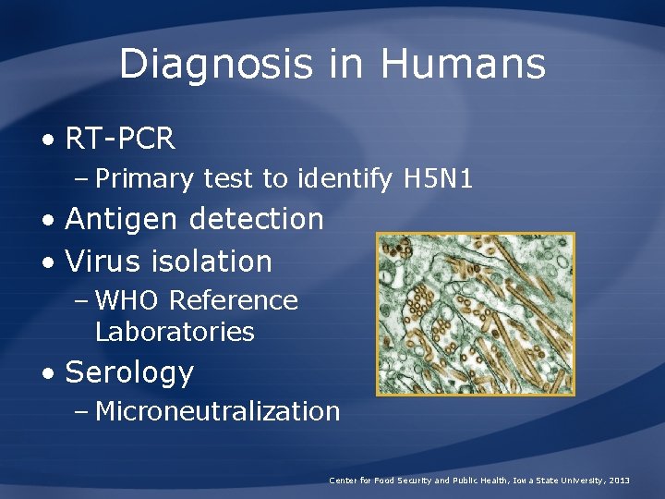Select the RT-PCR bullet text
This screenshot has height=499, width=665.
point(120,140)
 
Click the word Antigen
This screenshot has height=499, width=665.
point(125,220)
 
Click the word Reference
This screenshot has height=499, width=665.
point(234,300)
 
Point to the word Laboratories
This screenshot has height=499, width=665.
point(175,332)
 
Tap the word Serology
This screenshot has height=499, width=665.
point(129,372)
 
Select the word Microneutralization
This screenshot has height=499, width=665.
point(218,411)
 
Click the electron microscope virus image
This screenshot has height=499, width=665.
point(475,314)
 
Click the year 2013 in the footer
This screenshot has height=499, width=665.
point(619,481)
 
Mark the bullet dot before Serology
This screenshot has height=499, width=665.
point(47,373)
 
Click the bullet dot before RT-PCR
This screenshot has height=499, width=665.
point(47,140)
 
